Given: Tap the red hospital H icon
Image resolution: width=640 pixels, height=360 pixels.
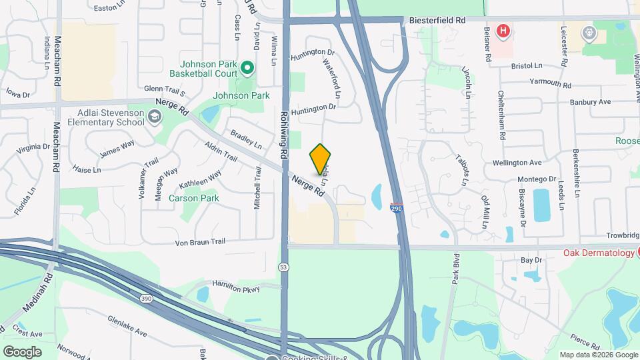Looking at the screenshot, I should click(504, 31).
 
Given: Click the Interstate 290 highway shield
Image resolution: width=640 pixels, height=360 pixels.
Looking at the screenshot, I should click(397, 209).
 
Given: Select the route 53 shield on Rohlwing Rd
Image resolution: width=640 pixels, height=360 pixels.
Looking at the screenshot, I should click(285, 267).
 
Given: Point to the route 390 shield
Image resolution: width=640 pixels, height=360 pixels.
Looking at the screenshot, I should click(147, 298).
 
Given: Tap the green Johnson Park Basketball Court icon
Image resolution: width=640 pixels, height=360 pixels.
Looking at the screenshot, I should click(247, 67).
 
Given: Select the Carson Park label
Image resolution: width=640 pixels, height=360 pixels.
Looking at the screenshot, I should click(193, 198).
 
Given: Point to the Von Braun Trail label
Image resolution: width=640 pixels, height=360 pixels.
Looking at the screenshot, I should click(201, 241).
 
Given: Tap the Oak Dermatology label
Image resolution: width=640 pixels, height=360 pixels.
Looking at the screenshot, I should click(599, 253).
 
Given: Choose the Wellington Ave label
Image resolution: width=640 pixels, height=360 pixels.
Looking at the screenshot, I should click(517, 163).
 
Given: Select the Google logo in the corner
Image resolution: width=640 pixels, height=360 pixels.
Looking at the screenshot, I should click(22, 351).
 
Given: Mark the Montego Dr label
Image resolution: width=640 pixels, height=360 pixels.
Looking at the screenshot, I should click(537, 179).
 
